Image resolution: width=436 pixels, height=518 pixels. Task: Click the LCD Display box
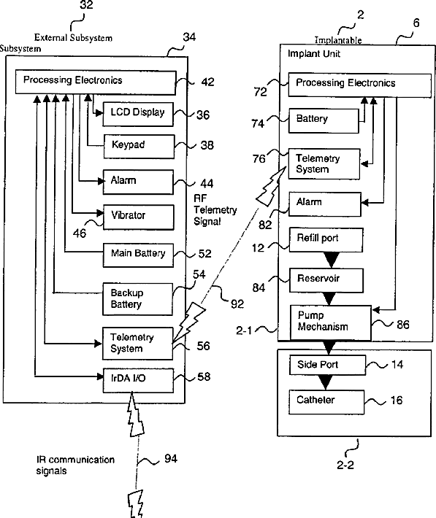point(138,114)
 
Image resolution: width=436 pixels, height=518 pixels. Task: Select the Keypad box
point(139,146)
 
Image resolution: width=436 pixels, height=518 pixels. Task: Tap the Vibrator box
point(139,217)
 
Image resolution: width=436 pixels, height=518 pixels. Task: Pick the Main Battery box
point(138,255)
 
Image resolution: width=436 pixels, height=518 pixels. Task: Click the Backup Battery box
point(137,298)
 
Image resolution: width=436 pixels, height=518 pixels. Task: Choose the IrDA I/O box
point(138,381)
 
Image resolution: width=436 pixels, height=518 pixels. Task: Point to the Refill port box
point(326,240)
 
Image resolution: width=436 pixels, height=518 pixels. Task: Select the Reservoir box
point(326,280)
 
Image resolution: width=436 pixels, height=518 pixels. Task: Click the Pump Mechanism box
point(331,322)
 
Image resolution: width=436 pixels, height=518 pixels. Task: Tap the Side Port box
point(327,365)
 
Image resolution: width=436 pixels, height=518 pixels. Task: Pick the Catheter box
point(326,402)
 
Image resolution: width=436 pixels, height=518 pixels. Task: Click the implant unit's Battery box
point(324,121)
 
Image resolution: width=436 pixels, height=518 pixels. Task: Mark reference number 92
point(237,304)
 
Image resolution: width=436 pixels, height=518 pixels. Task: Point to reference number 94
point(171,458)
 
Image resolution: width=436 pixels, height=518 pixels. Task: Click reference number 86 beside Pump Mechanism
point(403,325)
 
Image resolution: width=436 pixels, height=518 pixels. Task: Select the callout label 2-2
point(345,465)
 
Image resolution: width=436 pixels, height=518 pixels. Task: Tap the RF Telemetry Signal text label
point(215,210)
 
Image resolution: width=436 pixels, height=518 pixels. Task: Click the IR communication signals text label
point(75,465)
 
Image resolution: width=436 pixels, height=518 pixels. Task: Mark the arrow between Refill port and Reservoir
point(332,260)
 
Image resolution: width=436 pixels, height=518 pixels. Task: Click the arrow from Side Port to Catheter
point(326,382)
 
